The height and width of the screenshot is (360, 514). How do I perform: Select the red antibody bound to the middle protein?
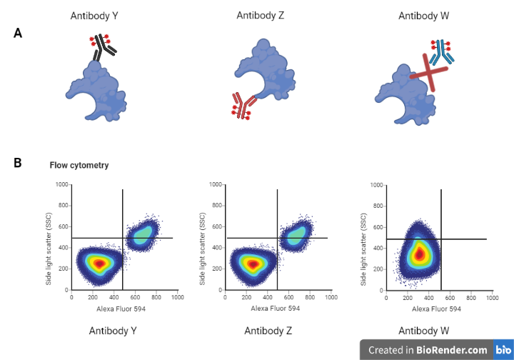[241, 106]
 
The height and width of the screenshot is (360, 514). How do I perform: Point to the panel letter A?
[18, 33]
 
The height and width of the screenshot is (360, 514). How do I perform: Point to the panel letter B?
[18, 163]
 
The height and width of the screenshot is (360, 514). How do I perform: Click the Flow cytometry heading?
[79, 166]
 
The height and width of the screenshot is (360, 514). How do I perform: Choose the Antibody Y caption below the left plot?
[113, 331]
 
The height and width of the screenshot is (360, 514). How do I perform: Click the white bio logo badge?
[503, 350]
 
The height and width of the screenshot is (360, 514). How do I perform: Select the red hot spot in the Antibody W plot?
[420, 253]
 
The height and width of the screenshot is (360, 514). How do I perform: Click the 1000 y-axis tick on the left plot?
[61, 185]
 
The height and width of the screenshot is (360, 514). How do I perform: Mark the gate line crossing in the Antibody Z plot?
[278, 238]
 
